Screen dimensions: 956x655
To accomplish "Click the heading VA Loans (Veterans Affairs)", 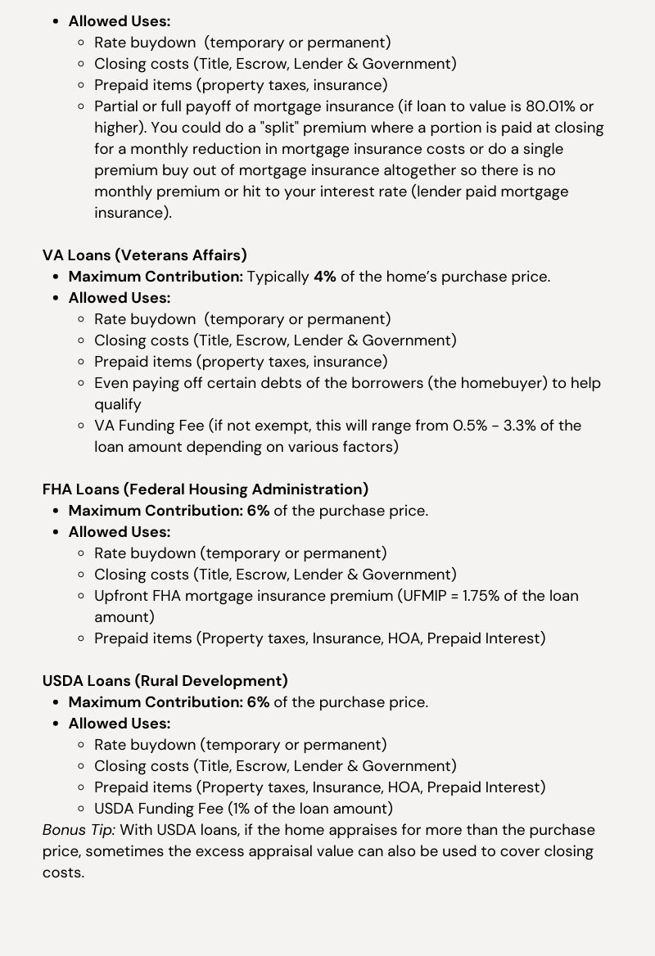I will point(144,255).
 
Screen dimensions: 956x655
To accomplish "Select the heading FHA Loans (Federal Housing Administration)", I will point(205,489).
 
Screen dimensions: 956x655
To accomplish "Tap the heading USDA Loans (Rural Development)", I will point(165,681).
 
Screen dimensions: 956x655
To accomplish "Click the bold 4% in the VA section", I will point(324,277).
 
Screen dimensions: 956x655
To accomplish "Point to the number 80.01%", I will point(548,106).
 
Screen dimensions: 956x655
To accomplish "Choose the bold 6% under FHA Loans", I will point(258,511).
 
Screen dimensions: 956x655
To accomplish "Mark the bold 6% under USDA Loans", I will point(258,702).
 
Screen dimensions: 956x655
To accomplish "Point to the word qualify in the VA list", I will point(118,404).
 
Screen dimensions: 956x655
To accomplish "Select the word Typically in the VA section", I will point(278,277).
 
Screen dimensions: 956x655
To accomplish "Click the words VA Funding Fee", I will point(149,426).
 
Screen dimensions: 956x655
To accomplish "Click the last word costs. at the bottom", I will point(63,873).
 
